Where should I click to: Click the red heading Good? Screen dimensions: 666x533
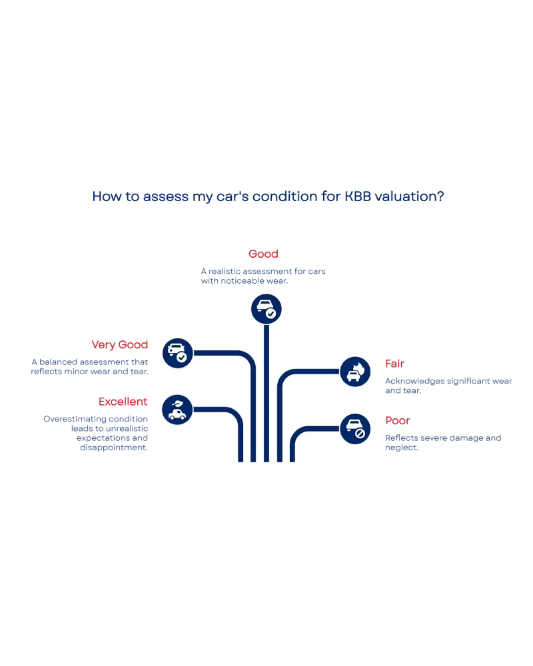[263, 254]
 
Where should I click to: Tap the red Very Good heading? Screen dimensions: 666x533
[120, 344]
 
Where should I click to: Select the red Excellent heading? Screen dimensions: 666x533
[123, 402]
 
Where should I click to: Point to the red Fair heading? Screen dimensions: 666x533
[394, 363]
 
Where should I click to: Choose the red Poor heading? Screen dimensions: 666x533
[396, 421]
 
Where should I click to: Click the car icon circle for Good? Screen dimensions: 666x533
[266, 309]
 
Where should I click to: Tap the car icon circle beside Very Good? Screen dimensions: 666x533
[177, 353]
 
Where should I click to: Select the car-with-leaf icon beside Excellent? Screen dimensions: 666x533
[177, 410]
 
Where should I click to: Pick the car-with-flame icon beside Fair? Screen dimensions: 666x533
[355, 372]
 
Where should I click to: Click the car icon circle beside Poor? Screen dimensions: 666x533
[355, 429]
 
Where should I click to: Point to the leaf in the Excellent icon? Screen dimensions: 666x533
[178, 404]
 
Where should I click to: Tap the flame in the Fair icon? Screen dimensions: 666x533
[360, 366]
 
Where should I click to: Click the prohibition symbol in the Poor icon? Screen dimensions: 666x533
[360, 434]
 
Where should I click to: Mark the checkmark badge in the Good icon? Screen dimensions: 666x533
[271, 314]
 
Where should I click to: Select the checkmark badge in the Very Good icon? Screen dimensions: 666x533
[182, 358]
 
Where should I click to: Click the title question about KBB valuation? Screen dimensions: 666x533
[268, 196]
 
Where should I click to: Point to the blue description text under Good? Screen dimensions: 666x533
[264, 276]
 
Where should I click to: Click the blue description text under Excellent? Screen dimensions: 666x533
[96, 434]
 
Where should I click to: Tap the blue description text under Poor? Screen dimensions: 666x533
[442, 443]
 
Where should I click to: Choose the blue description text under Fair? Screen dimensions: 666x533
[450, 386]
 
